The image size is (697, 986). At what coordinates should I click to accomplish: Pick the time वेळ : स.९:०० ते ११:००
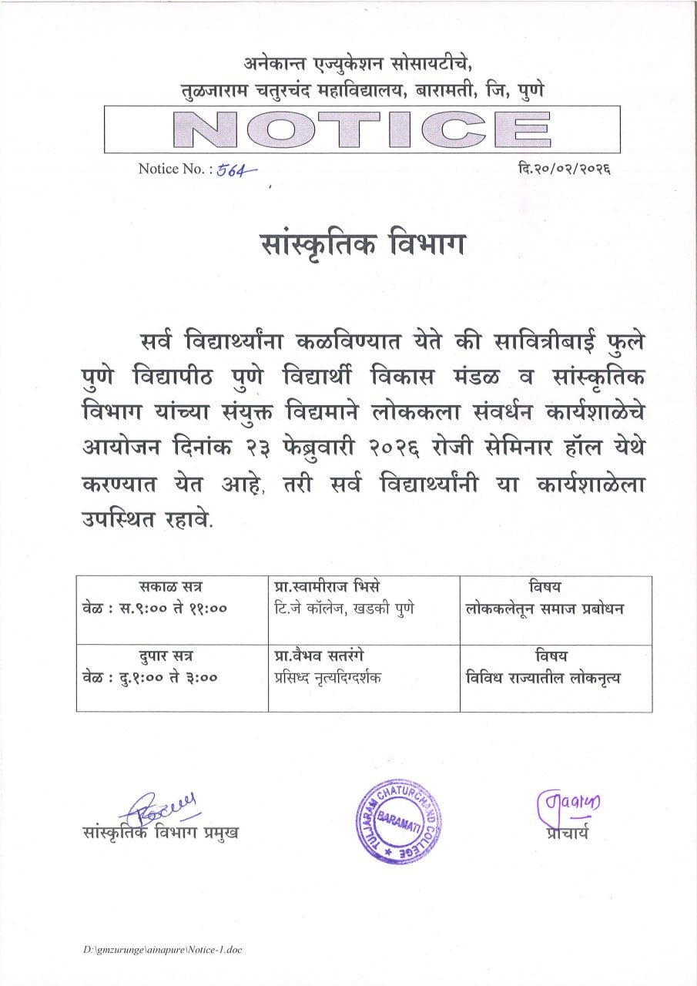coord(155,609)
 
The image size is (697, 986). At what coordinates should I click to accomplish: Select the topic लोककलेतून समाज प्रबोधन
coord(545,609)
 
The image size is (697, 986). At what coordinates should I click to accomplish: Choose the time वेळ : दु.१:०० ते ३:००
coord(150,678)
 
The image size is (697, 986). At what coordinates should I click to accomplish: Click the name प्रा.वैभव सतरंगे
coord(319,657)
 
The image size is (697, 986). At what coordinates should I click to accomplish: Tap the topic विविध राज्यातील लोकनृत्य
coord(544,678)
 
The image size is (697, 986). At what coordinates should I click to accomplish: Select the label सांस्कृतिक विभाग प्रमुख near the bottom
coord(160,833)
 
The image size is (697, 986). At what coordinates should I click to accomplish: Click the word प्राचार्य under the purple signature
coord(564,832)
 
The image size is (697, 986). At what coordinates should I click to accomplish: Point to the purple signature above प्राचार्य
coord(568,805)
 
